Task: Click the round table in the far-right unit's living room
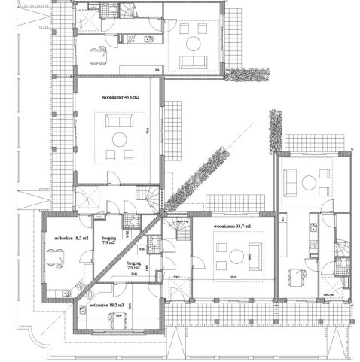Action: (x=309, y=182)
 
